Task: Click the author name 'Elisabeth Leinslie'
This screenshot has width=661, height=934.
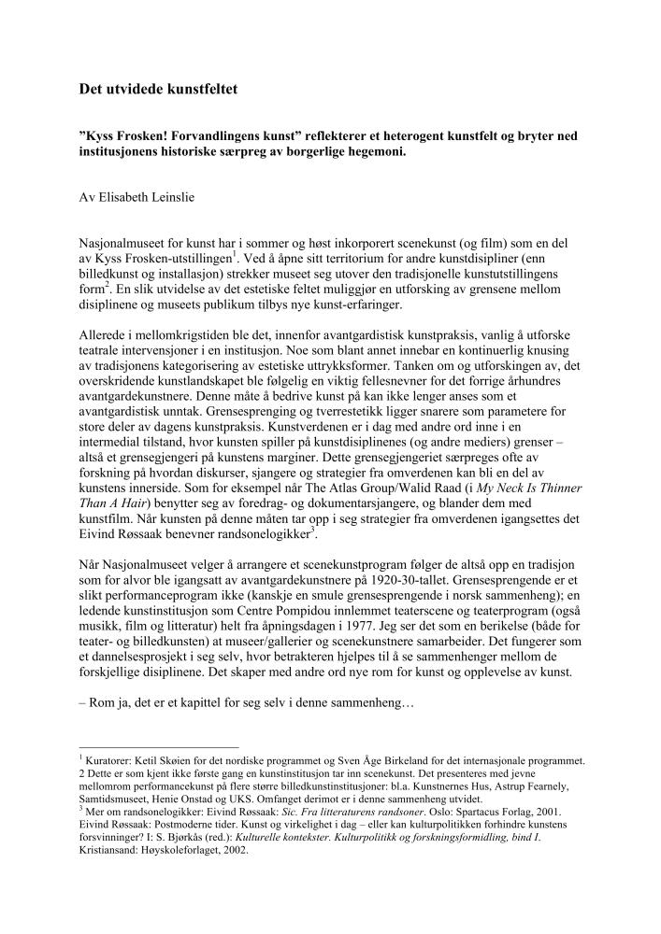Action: (x=140, y=198)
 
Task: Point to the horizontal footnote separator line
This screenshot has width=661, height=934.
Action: (x=159, y=748)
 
